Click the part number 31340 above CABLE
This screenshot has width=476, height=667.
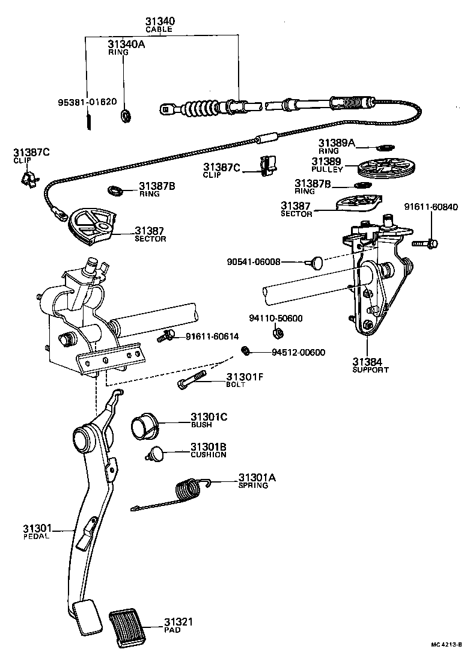[161, 21]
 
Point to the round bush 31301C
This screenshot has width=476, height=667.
[144, 425]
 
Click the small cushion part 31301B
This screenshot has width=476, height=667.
[157, 455]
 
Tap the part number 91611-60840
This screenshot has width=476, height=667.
[430, 208]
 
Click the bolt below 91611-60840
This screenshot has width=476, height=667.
[426, 244]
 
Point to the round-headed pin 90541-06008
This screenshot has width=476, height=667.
[317, 262]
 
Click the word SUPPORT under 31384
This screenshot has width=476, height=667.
[370, 370]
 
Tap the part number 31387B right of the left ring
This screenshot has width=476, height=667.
[157, 186]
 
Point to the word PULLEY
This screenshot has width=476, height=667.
[327, 170]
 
